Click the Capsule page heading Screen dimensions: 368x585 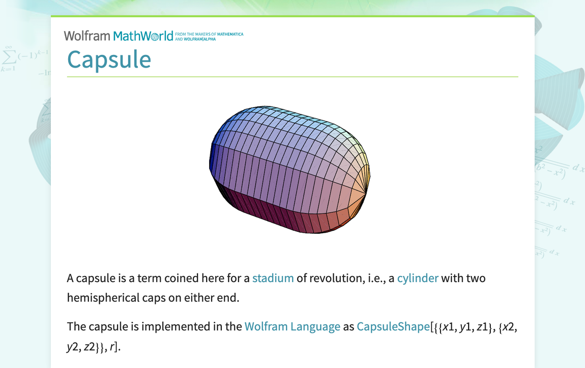click(x=109, y=60)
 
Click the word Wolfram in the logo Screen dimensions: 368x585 click(x=86, y=36)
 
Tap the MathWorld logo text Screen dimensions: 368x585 click(x=143, y=36)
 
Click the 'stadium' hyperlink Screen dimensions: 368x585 click(x=273, y=278)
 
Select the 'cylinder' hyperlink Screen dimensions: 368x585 click(x=417, y=278)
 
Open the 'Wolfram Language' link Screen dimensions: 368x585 click(x=292, y=326)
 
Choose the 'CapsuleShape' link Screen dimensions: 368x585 click(x=393, y=326)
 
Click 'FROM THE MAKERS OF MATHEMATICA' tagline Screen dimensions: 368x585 click(x=209, y=34)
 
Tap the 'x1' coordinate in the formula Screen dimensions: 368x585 click(x=449, y=326)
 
